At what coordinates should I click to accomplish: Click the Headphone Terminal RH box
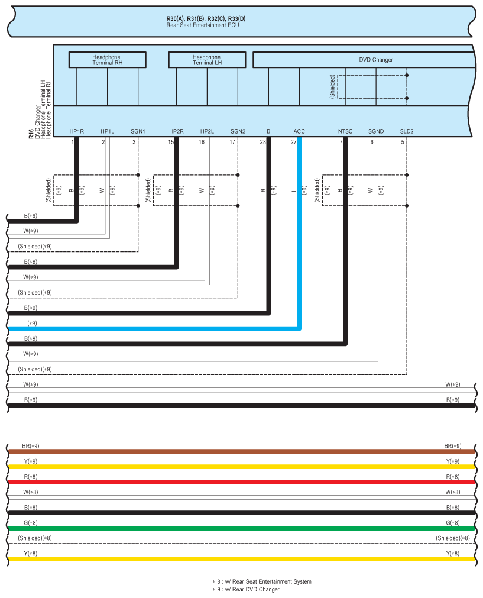tap(107, 60)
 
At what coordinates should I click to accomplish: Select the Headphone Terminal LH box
tap(207, 60)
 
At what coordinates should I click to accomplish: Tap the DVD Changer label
tap(375, 60)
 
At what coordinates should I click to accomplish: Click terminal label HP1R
tap(76, 131)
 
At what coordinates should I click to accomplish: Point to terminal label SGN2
tap(238, 131)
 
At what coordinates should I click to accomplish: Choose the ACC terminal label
tap(299, 131)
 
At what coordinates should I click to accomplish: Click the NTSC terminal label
tap(345, 131)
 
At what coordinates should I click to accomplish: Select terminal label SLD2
tap(406, 131)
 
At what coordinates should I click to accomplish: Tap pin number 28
tap(262, 142)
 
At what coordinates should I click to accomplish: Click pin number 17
tap(232, 142)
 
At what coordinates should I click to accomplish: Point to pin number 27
tap(293, 142)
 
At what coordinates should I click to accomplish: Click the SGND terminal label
tap(376, 131)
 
